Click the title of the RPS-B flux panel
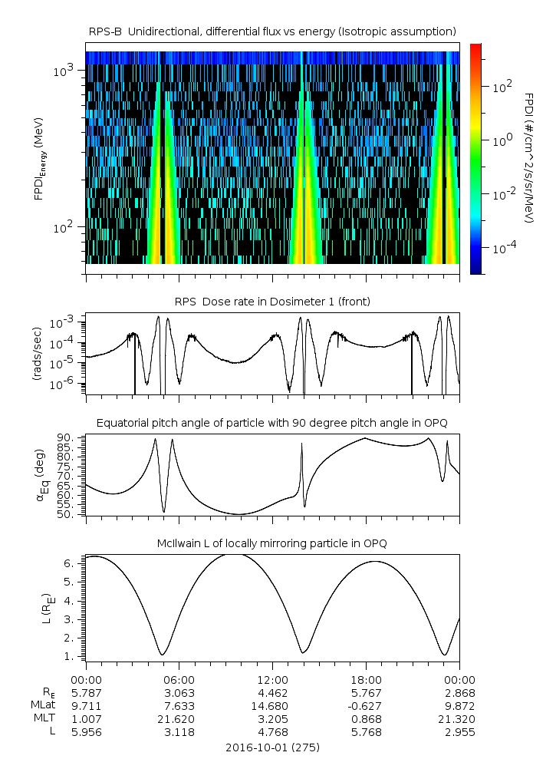click(272, 31)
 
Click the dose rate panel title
click(272, 302)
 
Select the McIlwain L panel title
click(272, 543)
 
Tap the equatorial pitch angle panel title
click(272, 423)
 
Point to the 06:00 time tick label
click(179, 680)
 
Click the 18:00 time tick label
click(366, 680)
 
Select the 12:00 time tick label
click(272, 680)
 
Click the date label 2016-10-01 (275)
click(272, 747)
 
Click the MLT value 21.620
click(179, 719)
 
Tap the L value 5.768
click(366, 732)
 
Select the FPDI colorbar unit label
click(529, 158)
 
